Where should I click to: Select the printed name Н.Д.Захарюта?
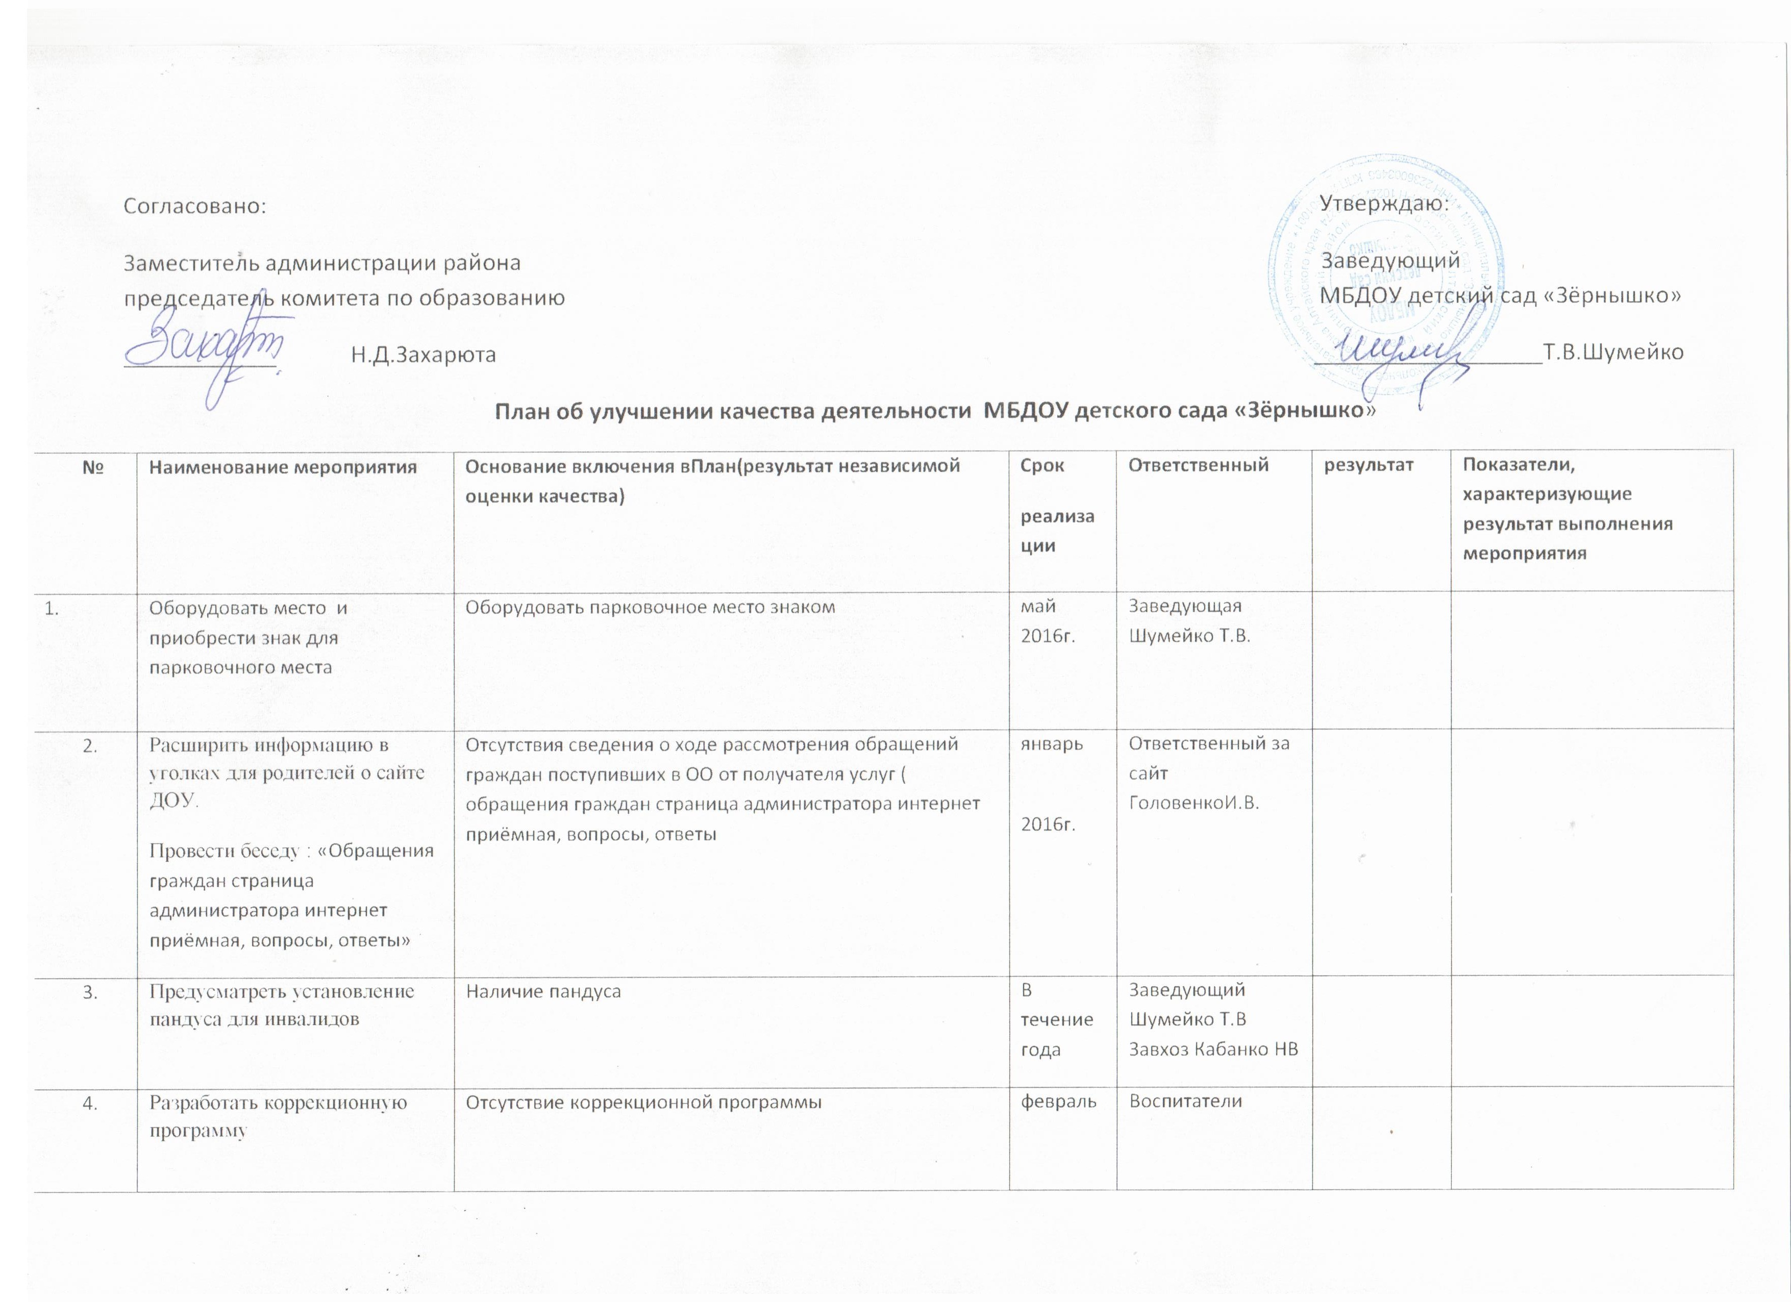click(424, 355)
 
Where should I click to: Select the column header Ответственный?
click(1198, 465)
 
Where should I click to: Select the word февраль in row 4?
click(1059, 1102)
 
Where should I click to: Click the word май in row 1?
click(1038, 607)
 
